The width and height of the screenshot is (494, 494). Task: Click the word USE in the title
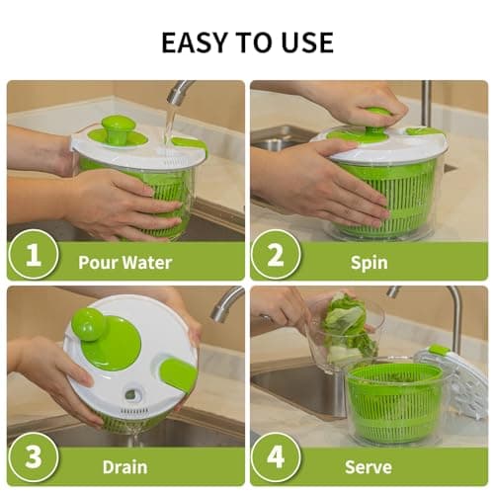point(303,42)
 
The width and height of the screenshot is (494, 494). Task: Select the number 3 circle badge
point(33,459)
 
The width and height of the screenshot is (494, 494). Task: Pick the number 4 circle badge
point(275,459)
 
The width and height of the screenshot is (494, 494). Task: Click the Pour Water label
point(124,263)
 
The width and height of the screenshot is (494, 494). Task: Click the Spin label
point(368,263)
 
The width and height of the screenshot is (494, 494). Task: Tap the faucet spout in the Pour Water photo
point(178,94)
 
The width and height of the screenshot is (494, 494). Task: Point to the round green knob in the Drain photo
point(88,323)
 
